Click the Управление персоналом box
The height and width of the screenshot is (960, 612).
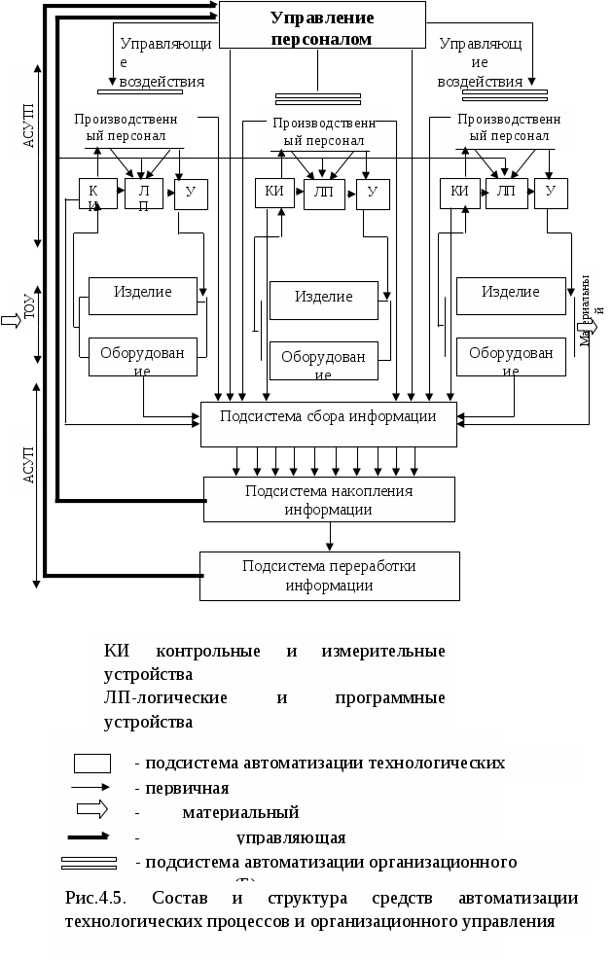[x=322, y=27]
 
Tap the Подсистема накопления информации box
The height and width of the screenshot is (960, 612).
[x=329, y=499]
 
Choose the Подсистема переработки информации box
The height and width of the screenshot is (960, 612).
[x=329, y=576]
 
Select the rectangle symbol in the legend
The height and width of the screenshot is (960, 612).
[x=92, y=763]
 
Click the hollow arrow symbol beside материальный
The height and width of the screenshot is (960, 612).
[x=92, y=810]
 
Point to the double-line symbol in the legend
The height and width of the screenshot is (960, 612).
[x=89, y=862]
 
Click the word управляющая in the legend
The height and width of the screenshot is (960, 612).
[x=291, y=837]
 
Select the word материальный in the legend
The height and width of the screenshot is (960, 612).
[x=240, y=812]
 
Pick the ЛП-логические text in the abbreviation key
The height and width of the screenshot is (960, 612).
[x=164, y=698]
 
